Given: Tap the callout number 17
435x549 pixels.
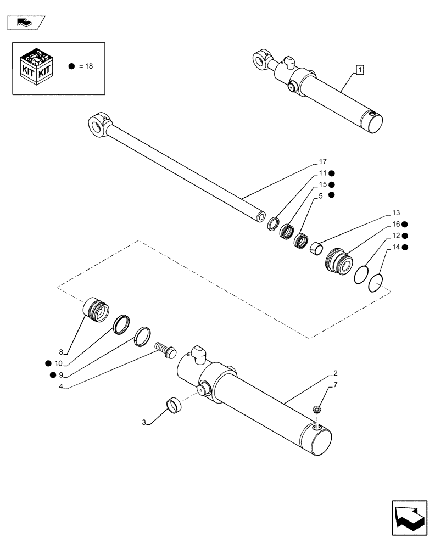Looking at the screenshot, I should coord(322,161).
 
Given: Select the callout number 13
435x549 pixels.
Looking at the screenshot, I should coord(396,212).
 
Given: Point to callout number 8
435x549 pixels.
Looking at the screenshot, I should coord(62,352).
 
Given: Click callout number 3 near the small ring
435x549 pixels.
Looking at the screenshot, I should coord(144,422).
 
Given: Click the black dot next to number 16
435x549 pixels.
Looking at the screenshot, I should coord(404,224).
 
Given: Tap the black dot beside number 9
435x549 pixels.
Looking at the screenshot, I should coord(52,375).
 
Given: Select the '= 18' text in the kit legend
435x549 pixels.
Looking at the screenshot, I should coord(86,66).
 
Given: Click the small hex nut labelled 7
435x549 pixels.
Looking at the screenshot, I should coord(317,408).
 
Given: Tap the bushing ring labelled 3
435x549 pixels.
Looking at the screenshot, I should coord(174,407).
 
